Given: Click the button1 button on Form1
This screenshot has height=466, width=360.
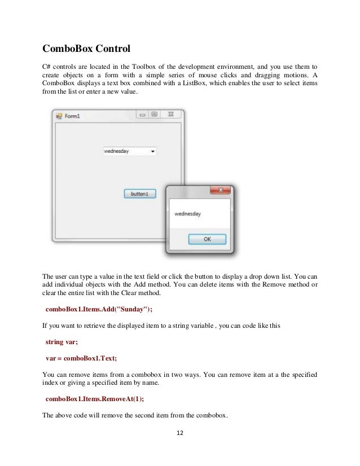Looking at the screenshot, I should point(139,194).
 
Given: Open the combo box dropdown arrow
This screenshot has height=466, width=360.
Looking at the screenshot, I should point(152,151).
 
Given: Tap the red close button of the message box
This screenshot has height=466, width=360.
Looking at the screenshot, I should point(220,190).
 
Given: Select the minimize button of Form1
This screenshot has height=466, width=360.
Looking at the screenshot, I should point(142,115).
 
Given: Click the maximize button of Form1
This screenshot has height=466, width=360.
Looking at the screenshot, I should point(154,115).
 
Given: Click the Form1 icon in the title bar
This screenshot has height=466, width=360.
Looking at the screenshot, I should point(59,116).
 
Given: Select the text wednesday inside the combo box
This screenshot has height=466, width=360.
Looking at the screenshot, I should point(117,151).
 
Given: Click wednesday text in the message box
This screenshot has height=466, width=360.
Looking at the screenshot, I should point(188,214).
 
